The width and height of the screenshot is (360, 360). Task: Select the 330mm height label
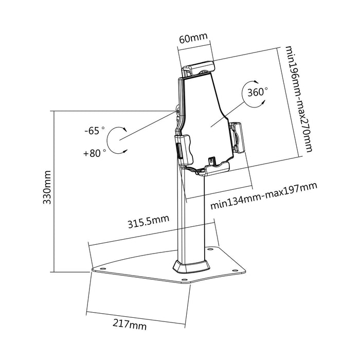click(47, 188)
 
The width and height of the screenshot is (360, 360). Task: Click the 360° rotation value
click(258, 93)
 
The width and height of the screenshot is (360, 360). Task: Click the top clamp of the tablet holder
click(197, 67)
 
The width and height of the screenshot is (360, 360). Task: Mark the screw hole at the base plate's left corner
click(100, 268)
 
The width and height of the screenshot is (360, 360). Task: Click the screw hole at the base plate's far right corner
click(236, 268)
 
